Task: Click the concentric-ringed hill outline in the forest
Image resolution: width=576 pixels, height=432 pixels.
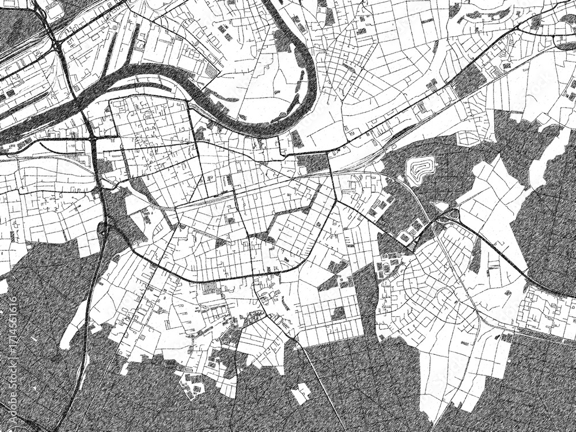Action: click(x=419, y=169)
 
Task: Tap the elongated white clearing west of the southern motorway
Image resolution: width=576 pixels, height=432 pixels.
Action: click(x=72, y=325)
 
